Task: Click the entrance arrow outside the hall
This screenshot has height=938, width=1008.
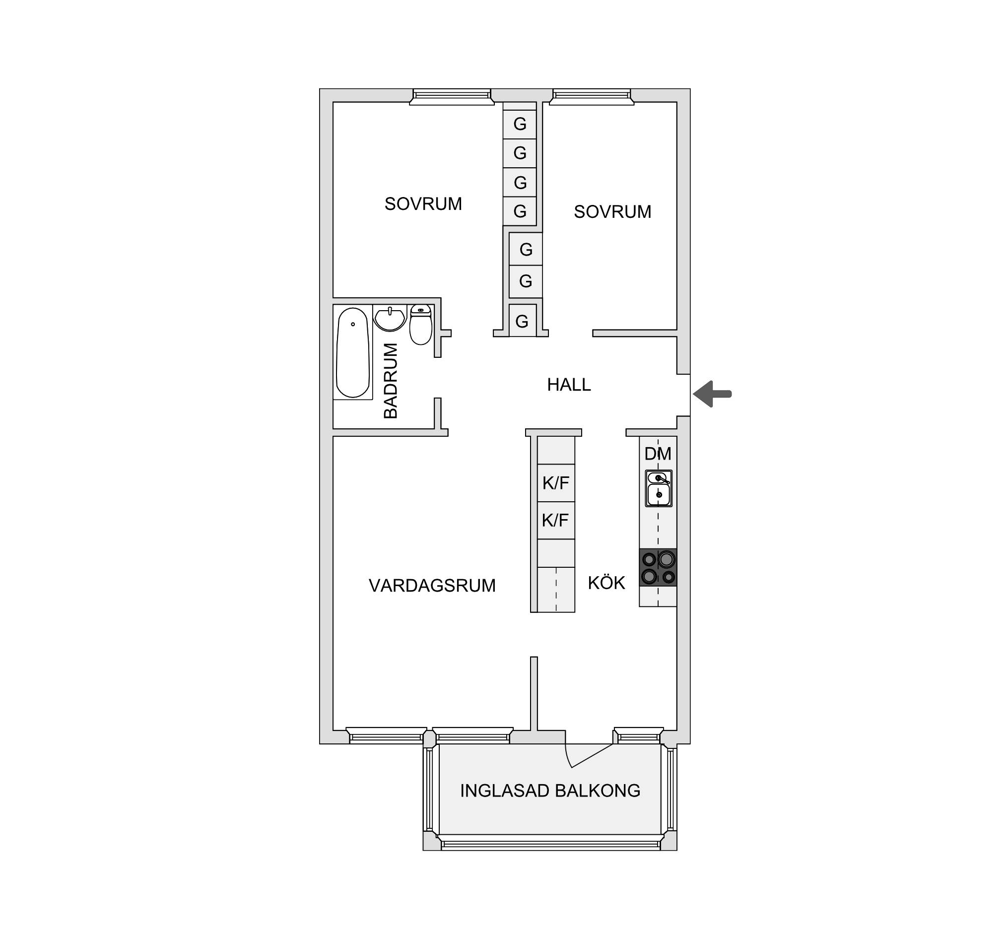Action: pos(712,394)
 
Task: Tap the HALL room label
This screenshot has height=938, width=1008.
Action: pos(569,385)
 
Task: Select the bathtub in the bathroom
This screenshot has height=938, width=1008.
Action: pos(353,353)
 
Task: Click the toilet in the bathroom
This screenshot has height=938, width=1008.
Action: pos(421,325)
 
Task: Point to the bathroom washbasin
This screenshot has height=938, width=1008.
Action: pos(390,319)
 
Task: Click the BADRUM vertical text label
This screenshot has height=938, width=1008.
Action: pos(391,381)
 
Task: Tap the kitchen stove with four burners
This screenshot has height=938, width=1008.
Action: pos(658,567)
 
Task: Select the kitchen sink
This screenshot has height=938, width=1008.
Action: pos(659,488)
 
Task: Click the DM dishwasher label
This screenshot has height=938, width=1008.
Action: pos(658,454)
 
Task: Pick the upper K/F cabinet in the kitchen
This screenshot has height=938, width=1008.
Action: pos(556,483)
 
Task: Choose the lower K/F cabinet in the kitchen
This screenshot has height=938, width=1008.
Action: pos(556,521)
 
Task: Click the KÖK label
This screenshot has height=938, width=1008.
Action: pos(606,583)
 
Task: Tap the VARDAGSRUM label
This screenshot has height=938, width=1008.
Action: pos(432,586)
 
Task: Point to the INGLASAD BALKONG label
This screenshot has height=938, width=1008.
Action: pos(550,791)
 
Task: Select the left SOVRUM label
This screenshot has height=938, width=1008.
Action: pos(423,204)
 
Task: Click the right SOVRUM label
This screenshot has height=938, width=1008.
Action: pos(612,212)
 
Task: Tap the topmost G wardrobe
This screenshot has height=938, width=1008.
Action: pos(520,124)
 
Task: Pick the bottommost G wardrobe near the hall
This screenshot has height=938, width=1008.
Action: pos(522,321)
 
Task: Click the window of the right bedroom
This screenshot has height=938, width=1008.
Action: pos(592,97)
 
